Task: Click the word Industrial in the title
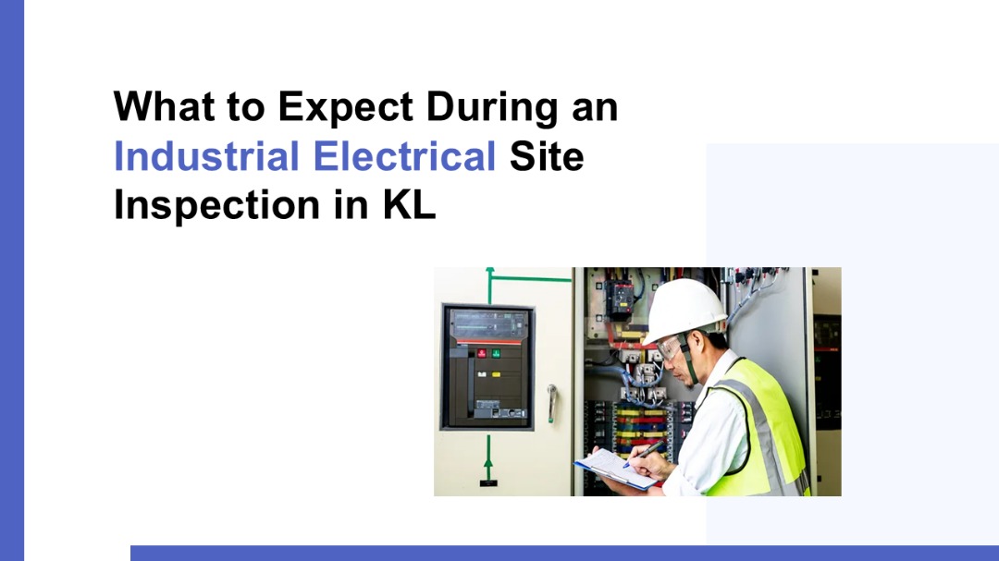(x=206, y=156)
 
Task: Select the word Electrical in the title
(x=404, y=156)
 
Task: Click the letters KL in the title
(x=409, y=205)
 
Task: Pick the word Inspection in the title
(x=216, y=206)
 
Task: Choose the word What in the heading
(x=164, y=105)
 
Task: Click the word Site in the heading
(x=547, y=156)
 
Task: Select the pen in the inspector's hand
(x=644, y=454)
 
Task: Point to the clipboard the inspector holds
(x=615, y=469)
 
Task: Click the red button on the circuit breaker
(x=482, y=353)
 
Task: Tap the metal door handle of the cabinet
(x=551, y=403)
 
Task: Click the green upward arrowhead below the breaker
(x=488, y=462)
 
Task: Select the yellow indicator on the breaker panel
(x=496, y=373)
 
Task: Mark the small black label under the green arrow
(x=488, y=483)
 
